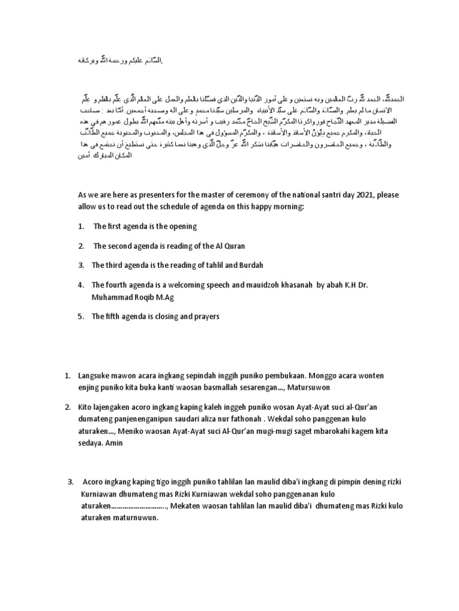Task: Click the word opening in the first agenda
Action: point(184,227)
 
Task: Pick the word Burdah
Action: point(251,266)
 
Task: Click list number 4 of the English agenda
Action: point(81,285)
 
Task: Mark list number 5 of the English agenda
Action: point(81,316)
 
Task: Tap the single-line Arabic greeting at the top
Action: point(120,61)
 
